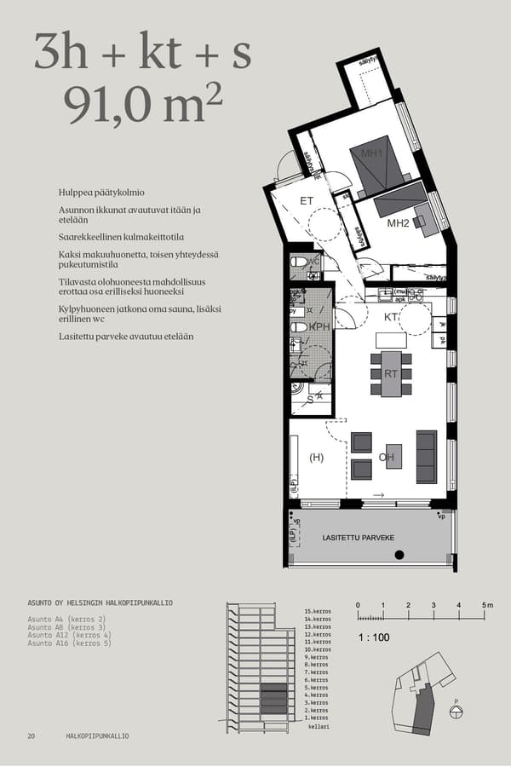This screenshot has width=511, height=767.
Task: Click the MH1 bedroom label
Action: (x=371, y=153)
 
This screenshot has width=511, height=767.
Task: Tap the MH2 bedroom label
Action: (x=399, y=223)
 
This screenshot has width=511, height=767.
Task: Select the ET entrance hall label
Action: (x=307, y=201)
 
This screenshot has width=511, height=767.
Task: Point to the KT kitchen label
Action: (x=392, y=316)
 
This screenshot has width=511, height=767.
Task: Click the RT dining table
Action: (x=391, y=373)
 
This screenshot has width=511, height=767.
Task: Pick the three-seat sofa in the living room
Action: (x=426, y=457)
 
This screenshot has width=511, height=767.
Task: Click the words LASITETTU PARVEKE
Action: (x=359, y=538)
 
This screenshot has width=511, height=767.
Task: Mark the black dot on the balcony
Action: (x=399, y=556)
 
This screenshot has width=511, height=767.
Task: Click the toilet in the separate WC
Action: (x=298, y=263)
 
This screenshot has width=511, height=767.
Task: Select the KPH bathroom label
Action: (x=320, y=326)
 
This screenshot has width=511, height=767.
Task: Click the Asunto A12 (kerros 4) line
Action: (x=69, y=635)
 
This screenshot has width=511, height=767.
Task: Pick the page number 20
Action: (x=32, y=735)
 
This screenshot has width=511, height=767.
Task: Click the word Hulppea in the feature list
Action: (x=77, y=193)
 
